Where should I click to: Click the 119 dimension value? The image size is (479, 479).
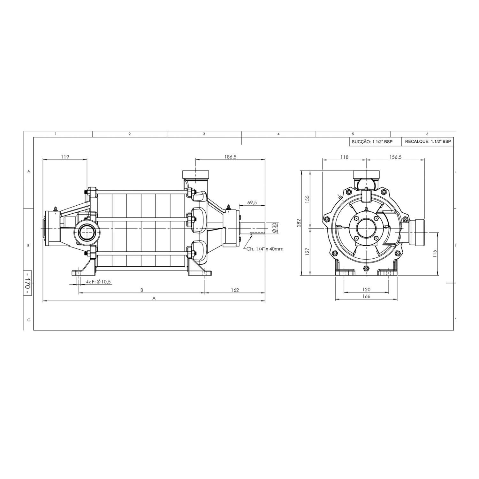pyautogui.click(x=65, y=157)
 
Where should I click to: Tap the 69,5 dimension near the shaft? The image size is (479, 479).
pyautogui.click(x=252, y=203)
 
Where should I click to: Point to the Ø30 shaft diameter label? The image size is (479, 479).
pyautogui.click(x=274, y=228)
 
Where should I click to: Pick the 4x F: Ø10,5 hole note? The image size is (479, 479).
pyautogui.click(x=98, y=282)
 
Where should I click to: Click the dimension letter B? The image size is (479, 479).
pyautogui.click(x=141, y=290)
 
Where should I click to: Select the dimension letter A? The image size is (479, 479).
pyautogui.click(x=154, y=298)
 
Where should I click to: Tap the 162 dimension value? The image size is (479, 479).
pyautogui.click(x=235, y=290)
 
